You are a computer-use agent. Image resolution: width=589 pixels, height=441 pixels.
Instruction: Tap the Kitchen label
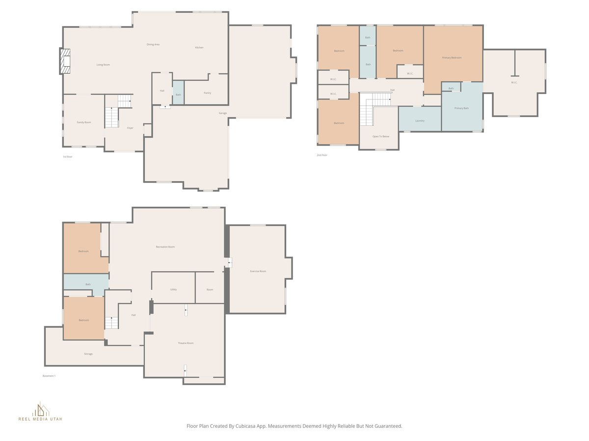point(199,48)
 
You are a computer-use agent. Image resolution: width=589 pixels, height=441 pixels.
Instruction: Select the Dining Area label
point(153,45)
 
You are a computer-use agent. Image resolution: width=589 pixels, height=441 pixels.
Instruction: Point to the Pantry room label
point(207,93)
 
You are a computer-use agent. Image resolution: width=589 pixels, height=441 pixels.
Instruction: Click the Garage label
point(223,113)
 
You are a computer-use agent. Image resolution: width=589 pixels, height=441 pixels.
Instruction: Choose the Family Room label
point(84,122)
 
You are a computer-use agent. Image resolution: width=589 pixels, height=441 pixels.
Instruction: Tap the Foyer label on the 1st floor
point(130,128)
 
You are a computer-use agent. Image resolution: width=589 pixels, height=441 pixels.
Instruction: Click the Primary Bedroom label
point(452,58)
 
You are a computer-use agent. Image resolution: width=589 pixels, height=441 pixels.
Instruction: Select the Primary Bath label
point(461,108)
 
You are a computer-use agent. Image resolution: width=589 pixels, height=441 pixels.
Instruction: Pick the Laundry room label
point(420,121)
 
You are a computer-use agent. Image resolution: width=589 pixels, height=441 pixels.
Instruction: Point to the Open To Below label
point(380,136)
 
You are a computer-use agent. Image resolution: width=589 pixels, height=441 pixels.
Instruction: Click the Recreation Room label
point(165,247)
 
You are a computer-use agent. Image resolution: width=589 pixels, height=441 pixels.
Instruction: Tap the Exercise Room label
point(258,271)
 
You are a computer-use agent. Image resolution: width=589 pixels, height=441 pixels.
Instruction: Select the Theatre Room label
point(186,343)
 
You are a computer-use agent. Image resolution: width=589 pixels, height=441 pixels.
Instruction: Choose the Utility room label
point(173,290)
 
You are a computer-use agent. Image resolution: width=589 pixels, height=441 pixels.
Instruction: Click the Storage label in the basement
point(88,354)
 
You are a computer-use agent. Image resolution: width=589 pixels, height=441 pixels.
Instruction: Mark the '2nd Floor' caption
point(322,155)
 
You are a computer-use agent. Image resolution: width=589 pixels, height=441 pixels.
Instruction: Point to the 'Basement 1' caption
point(49,376)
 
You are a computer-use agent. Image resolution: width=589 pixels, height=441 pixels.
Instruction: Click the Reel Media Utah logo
point(40,412)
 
